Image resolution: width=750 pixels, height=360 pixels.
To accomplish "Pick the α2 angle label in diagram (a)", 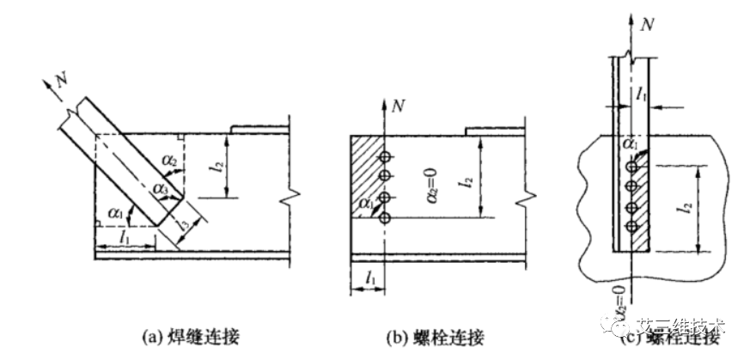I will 171,162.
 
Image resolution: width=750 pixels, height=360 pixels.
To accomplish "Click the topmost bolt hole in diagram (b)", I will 386,157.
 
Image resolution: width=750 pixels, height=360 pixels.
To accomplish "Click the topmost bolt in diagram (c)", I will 631,166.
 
